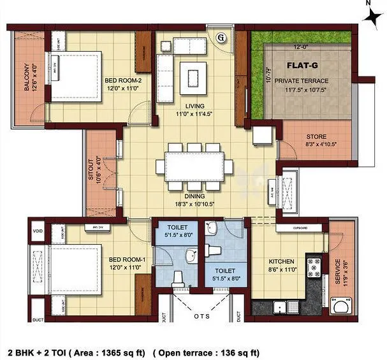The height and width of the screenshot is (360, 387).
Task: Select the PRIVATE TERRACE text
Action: [302, 82]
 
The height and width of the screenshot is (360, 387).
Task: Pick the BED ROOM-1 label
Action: [124, 259]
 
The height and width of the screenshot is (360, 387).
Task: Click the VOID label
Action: [37, 232]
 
